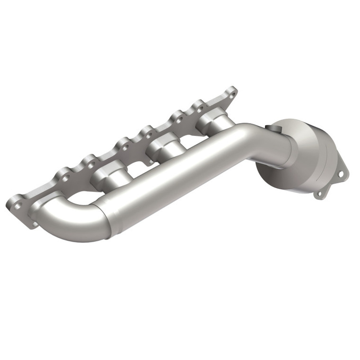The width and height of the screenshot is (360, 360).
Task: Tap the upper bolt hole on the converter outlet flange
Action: [341, 174]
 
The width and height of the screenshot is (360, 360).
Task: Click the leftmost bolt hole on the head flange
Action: [16, 204]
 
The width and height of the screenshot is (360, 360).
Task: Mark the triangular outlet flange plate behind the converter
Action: [332, 182]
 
